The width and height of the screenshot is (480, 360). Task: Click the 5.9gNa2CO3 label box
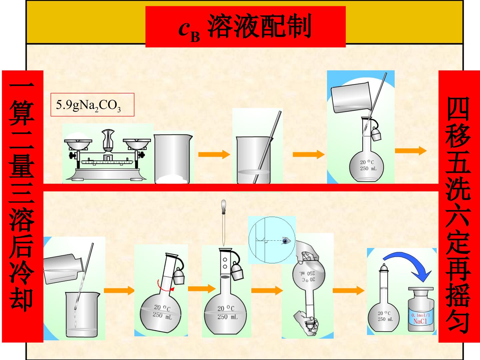coord(92,104)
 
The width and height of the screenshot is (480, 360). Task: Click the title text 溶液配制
coord(259,26)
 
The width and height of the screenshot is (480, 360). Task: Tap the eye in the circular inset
coord(286,241)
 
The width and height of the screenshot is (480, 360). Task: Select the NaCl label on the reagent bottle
coord(420,321)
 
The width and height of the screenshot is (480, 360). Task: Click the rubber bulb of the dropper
coord(223,206)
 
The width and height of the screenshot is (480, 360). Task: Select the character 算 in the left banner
coord(22,113)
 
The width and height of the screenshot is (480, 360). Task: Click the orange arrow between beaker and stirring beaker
coord(214,154)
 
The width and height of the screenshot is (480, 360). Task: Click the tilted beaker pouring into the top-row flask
coord(351,97)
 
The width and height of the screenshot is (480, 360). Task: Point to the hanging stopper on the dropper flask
coord(237,272)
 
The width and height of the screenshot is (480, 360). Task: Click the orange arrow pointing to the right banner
coord(411,151)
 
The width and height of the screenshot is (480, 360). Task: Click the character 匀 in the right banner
coord(458,321)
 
